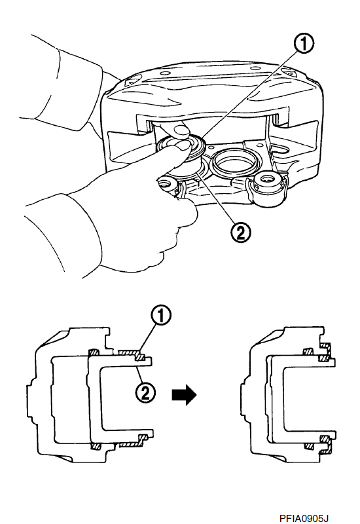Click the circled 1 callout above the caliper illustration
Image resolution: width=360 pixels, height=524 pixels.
303,45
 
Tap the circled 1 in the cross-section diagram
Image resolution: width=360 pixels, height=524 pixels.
160,316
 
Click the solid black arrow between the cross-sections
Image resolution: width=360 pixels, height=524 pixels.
184,395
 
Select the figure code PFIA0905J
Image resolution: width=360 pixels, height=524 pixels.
302,518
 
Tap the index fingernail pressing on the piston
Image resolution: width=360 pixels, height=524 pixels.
183,145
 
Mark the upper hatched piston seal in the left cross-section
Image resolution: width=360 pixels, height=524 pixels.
94,352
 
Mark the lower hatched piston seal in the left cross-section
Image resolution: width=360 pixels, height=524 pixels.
95,447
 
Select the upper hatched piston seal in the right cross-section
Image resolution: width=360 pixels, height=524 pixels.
308,352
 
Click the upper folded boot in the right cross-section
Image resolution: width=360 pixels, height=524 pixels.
325,352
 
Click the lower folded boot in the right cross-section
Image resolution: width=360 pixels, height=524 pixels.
325,445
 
